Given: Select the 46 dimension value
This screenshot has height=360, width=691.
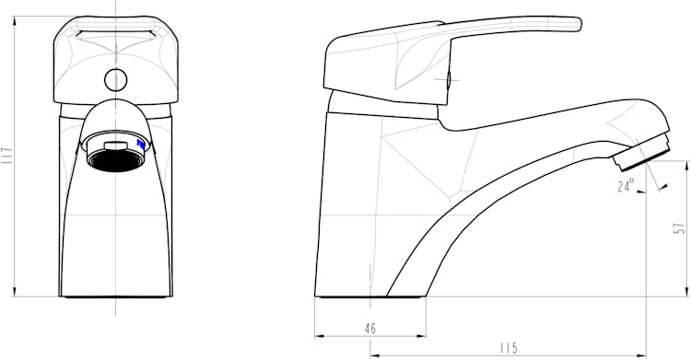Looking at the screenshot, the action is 370,329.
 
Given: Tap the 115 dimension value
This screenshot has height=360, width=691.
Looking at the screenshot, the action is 508,349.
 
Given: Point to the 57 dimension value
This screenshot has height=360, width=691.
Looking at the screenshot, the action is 681,228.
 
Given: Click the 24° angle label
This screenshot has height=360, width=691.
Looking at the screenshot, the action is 626,185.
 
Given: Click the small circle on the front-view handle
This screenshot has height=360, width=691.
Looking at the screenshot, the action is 116,80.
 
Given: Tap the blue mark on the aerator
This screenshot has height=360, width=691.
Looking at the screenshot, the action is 141,145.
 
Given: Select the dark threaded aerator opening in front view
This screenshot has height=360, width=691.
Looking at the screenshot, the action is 116,159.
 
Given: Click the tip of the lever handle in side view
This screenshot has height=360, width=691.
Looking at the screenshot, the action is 580,24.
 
